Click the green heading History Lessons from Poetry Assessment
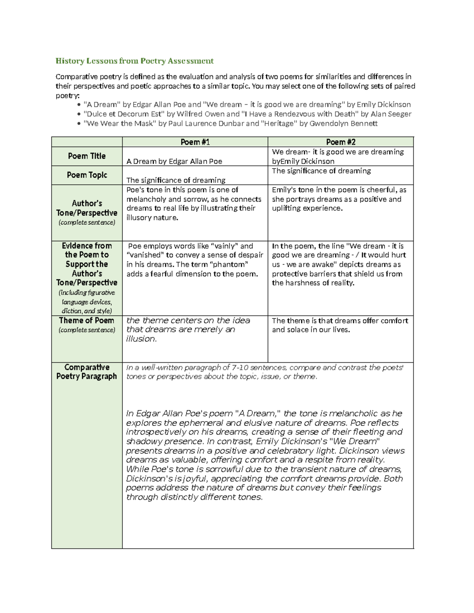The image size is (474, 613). pos(134,61)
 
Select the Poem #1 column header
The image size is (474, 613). pos(195,142)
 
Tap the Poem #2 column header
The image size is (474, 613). pos(340,142)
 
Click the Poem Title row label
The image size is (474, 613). pos(87,156)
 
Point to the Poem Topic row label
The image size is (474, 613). pos(87,175)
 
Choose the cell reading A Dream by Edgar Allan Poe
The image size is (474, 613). pos(174,161)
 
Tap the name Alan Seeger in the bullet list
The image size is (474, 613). pos(391,114)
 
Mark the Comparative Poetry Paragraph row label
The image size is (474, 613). pos(87,372)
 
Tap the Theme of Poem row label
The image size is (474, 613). pos(87,321)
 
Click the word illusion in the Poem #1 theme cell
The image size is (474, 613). pos(141,339)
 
